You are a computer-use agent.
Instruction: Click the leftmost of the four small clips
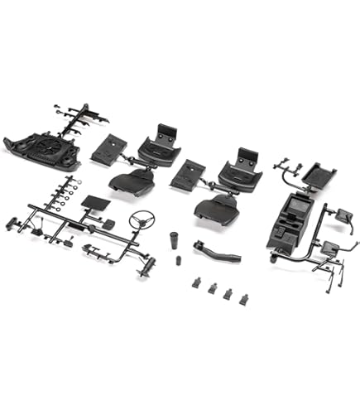click(199, 283)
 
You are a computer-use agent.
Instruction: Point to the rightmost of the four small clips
click(243, 298)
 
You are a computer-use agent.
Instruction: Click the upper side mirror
click(340, 214)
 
